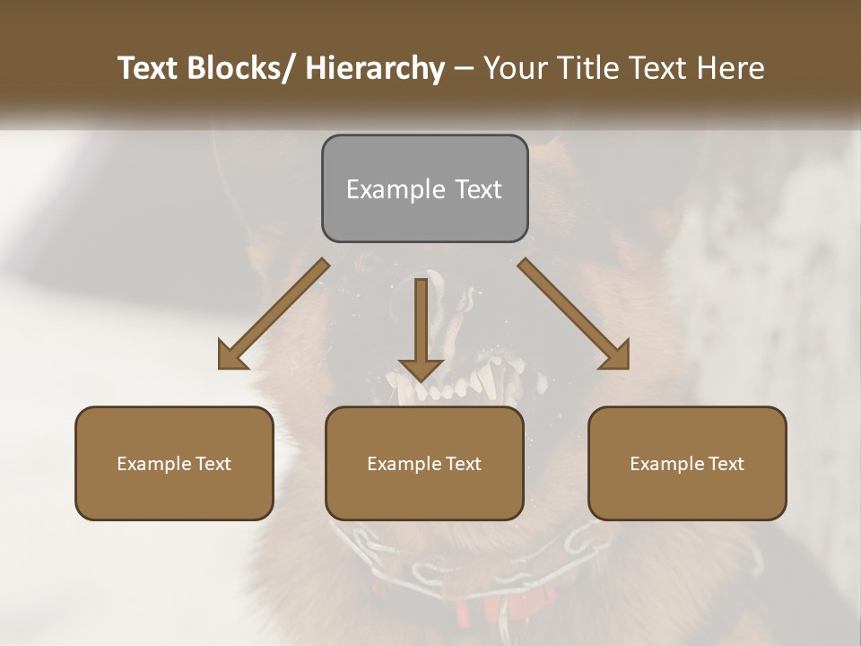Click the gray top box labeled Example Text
[x=424, y=188]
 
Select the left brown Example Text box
[x=174, y=463]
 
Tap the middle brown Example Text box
[x=424, y=463]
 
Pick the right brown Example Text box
[x=687, y=463]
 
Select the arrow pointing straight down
[x=421, y=328]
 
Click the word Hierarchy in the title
[x=375, y=68]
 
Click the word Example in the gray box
[x=396, y=189]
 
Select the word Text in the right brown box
[x=725, y=463]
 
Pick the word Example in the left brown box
[x=154, y=464]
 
